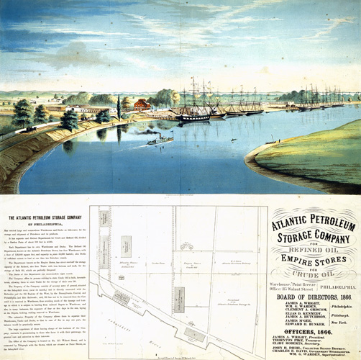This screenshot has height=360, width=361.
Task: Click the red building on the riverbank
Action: point(142,104)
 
